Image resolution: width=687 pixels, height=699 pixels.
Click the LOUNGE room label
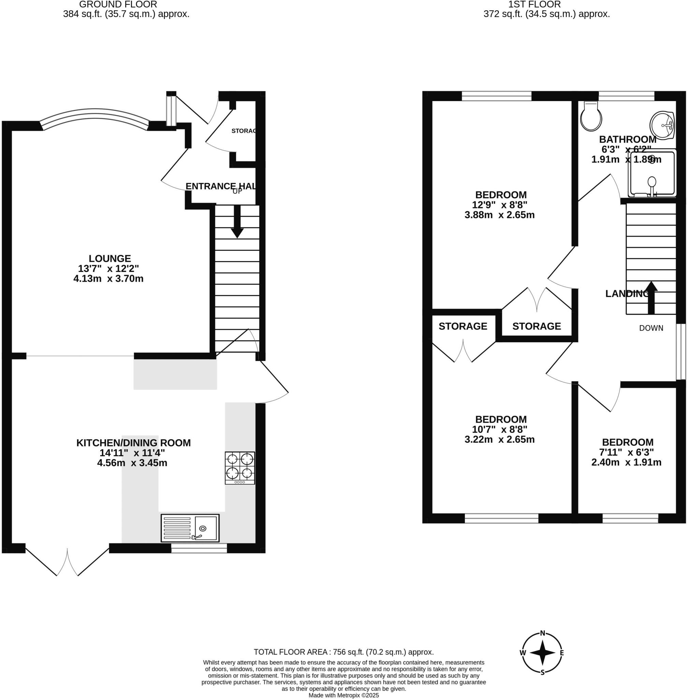click(x=110, y=258)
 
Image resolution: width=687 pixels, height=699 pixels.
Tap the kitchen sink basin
click(x=206, y=528)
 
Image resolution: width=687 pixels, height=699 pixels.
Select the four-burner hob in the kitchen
click(x=239, y=468)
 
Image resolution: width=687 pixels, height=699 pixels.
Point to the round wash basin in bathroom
click(x=662, y=125)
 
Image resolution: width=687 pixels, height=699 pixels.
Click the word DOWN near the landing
click(x=651, y=328)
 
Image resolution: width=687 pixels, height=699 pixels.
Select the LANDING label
click(x=627, y=294)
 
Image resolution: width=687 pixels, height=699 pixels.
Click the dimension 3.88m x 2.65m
click(x=499, y=215)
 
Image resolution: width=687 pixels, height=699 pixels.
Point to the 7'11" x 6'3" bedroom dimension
click(x=627, y=452)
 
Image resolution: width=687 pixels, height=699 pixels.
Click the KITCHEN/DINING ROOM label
click(x=133, y=443)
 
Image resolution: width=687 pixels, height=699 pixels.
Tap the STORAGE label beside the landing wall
click(x=537, y=326)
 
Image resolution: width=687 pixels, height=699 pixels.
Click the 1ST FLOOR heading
click(x=535, y=5)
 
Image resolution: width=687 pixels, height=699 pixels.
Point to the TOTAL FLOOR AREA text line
click(x=343, y=652)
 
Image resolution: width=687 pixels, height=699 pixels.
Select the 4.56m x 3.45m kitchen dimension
click(x=132, y=463)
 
